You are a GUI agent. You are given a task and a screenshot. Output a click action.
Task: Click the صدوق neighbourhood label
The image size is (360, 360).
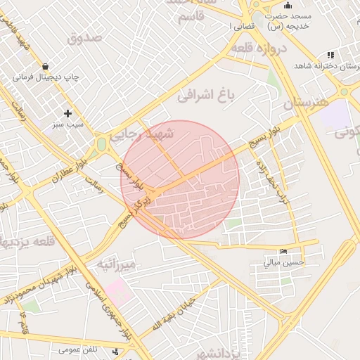[x=84, y=38]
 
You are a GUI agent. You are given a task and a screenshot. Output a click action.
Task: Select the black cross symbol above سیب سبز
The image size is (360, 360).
[x=68, y=113]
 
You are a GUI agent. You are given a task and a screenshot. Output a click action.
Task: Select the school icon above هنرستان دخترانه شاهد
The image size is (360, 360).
[x=330, y=55]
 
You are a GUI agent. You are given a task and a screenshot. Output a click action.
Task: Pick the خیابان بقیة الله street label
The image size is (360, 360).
[x=172, y=314]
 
